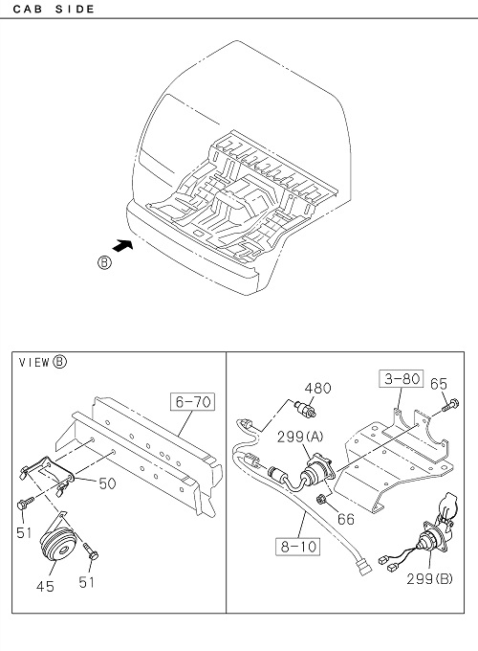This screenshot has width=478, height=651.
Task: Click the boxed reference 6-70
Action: tap(193, 402)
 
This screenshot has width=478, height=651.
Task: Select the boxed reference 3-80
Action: tap(402, 378)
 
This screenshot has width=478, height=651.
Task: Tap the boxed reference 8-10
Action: tap(298, 547)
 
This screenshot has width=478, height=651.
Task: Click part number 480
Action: tap(318, 388)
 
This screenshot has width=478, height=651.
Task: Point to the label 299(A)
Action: tap(300, 437)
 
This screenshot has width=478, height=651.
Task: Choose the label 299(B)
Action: tap(429, 579)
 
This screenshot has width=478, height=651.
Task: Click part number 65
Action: tap(439, 384)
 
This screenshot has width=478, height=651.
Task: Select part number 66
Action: tap(346, 519)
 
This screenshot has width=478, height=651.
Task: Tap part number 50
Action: tap(107, 483)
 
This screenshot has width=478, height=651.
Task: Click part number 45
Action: tap(45, 586)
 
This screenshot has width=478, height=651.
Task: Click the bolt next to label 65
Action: tap(450, 405)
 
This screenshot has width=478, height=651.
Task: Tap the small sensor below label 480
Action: tap(306, 408)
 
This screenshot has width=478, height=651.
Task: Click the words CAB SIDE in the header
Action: tap(54, 9)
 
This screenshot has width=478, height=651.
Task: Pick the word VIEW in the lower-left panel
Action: tap(34, 363)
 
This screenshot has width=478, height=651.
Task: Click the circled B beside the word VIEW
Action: tap(59, 362)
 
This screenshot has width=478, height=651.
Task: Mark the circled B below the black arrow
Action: tap(104, 263)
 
